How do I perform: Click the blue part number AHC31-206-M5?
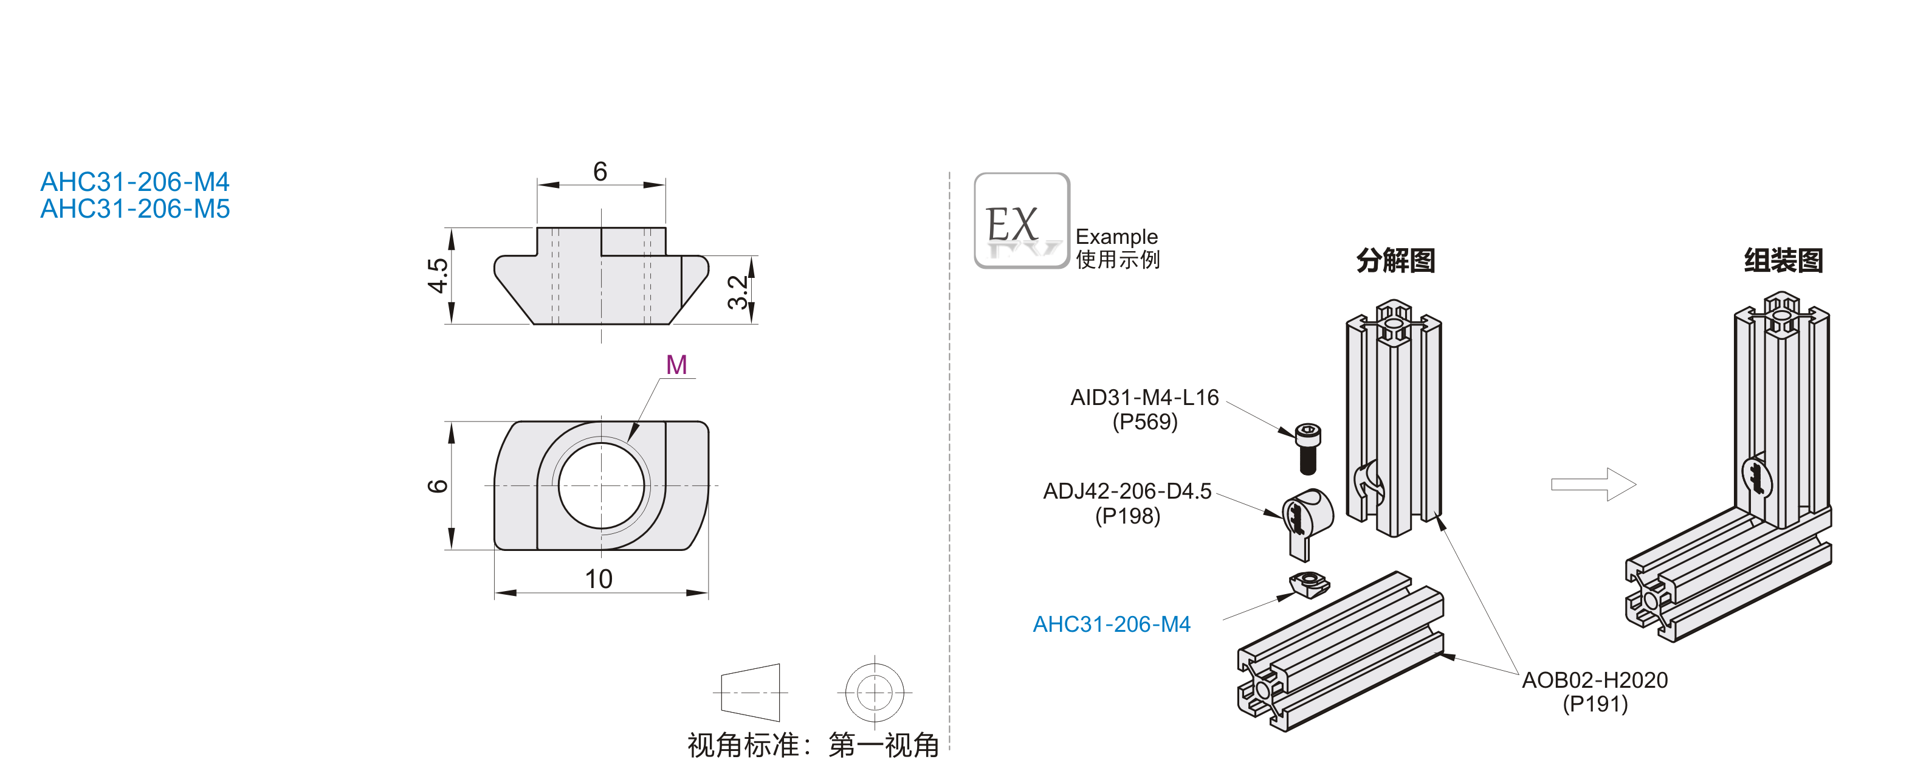coord(135,209)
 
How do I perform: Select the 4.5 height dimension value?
coord(438,275)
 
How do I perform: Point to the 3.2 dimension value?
coord(738,292)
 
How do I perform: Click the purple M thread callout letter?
coord(676,365)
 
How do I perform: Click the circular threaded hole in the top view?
coord(601,485)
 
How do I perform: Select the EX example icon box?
coord(1021,221)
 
